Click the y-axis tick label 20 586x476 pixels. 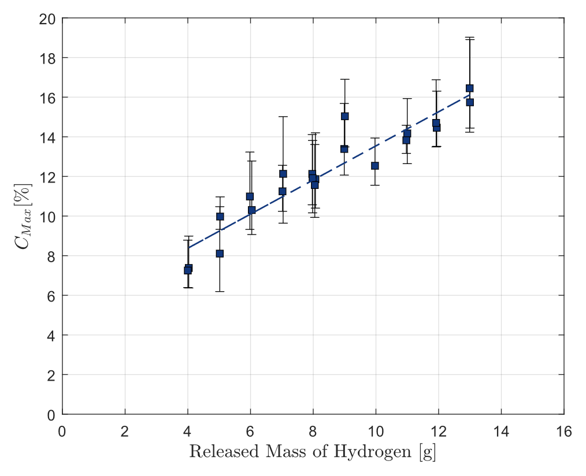(47, 18)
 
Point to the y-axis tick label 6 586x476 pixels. (51, 296)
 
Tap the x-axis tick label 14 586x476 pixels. (501, 432)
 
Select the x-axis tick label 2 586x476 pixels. (125, 432)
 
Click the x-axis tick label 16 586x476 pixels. (564, 432)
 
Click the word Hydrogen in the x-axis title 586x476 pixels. (372, 452)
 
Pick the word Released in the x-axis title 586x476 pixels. (224, 451)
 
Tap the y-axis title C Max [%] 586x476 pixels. (23, 216)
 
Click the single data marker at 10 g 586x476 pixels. (375, 166)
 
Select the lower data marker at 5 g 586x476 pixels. (220, 254)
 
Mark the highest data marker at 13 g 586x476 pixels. (470, 88)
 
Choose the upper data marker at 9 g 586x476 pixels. (344, 116)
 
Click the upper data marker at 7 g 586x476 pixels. (283, 174)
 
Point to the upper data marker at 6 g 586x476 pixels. (250, 196)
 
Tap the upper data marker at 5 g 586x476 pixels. (220, 216)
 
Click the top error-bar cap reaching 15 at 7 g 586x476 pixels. (283, 117)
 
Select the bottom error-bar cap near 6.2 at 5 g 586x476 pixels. (220, 291)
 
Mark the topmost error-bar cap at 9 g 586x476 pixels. (344, 79)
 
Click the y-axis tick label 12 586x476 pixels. (47, 177)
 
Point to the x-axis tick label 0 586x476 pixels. (62, 432)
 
